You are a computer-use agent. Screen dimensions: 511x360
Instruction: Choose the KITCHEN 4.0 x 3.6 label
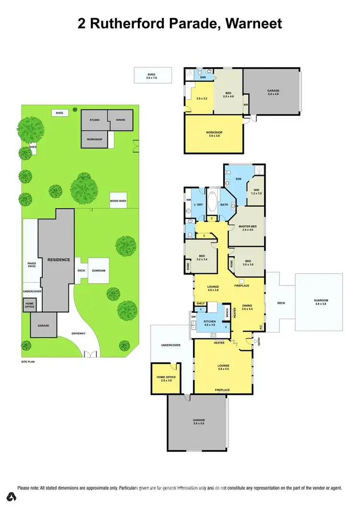[x=210, y=323]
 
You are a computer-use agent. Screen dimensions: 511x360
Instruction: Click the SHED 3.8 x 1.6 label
[x=152, y=76]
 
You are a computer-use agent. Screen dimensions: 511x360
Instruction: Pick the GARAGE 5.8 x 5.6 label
[x=199, y=422]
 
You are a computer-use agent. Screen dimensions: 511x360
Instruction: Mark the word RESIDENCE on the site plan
[x=59, y=260]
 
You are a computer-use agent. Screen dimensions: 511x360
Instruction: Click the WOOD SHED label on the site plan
[x=118, y=201]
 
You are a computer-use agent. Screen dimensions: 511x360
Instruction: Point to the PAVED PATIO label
[x=32, y=265]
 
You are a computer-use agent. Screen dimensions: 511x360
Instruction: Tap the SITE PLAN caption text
[x=28, y=361]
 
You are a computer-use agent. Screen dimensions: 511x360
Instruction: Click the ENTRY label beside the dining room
[x=259, y=342]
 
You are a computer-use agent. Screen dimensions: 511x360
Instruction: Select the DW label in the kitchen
[x=193, y=317]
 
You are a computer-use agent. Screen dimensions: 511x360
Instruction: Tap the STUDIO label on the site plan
[x=94, y=119]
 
